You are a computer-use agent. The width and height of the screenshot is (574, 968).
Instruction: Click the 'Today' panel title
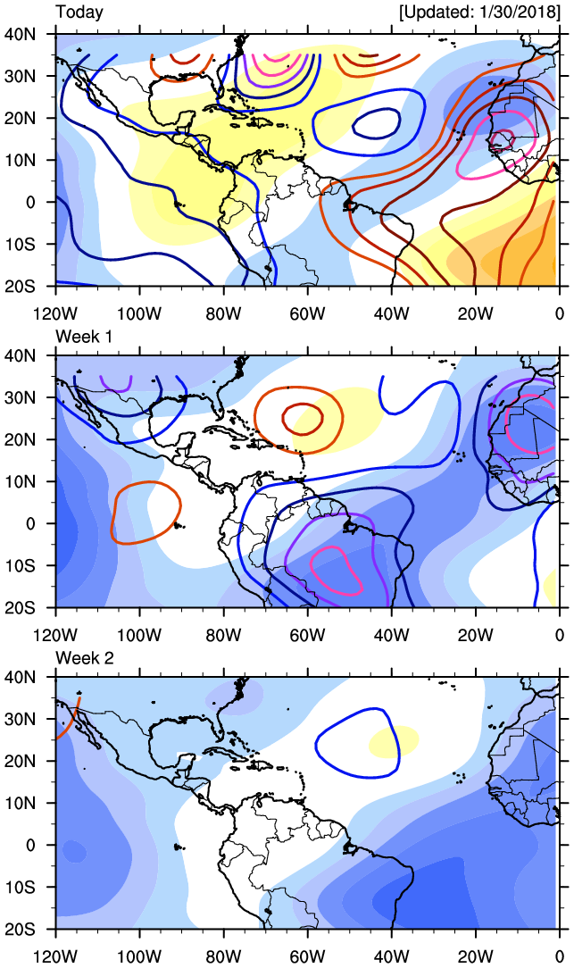pos(79,13)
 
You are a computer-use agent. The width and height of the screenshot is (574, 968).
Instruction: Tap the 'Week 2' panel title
pos(84,657)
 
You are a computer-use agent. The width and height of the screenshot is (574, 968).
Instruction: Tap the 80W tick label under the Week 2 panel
pos(223,956)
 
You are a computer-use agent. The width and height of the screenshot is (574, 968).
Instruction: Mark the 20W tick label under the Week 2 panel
pos(475,956)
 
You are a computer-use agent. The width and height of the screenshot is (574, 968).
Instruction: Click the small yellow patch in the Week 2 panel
pos(394,739)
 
